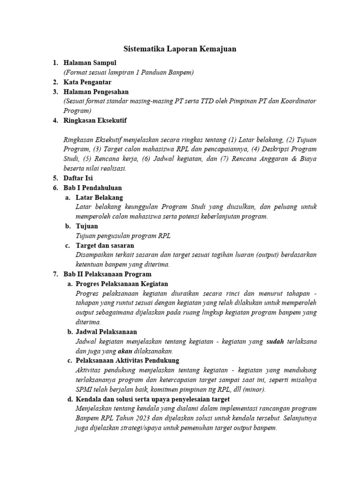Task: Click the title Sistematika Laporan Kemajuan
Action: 180,49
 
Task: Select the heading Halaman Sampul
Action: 90,63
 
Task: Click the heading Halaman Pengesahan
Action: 96,92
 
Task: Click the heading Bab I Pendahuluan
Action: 92,187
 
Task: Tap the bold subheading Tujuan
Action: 87,226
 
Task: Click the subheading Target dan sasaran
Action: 105,245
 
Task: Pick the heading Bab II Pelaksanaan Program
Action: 107,274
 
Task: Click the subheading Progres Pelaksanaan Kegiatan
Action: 121,284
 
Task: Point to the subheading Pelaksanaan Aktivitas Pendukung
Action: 127,360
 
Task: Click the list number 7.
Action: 55,274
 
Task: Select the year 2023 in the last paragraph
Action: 147,418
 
